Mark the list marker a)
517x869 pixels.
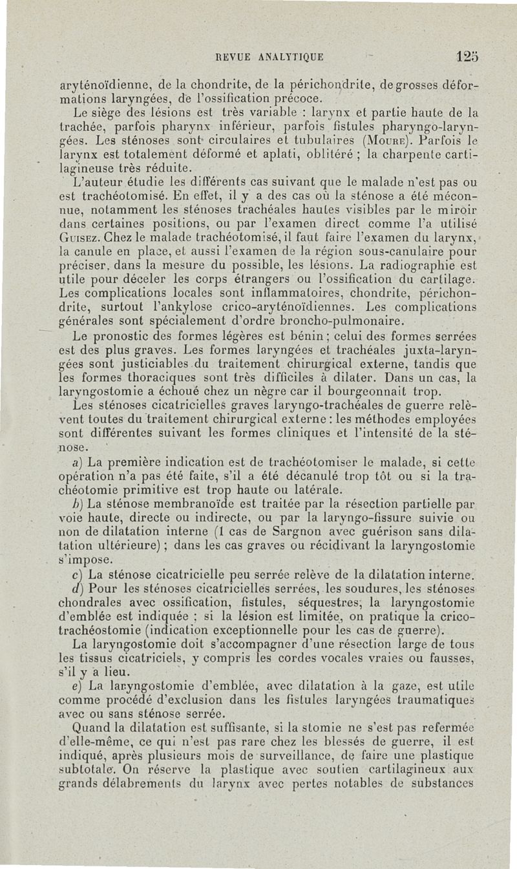click(x=77, y=463)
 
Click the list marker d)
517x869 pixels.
click(x=78, y=588)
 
